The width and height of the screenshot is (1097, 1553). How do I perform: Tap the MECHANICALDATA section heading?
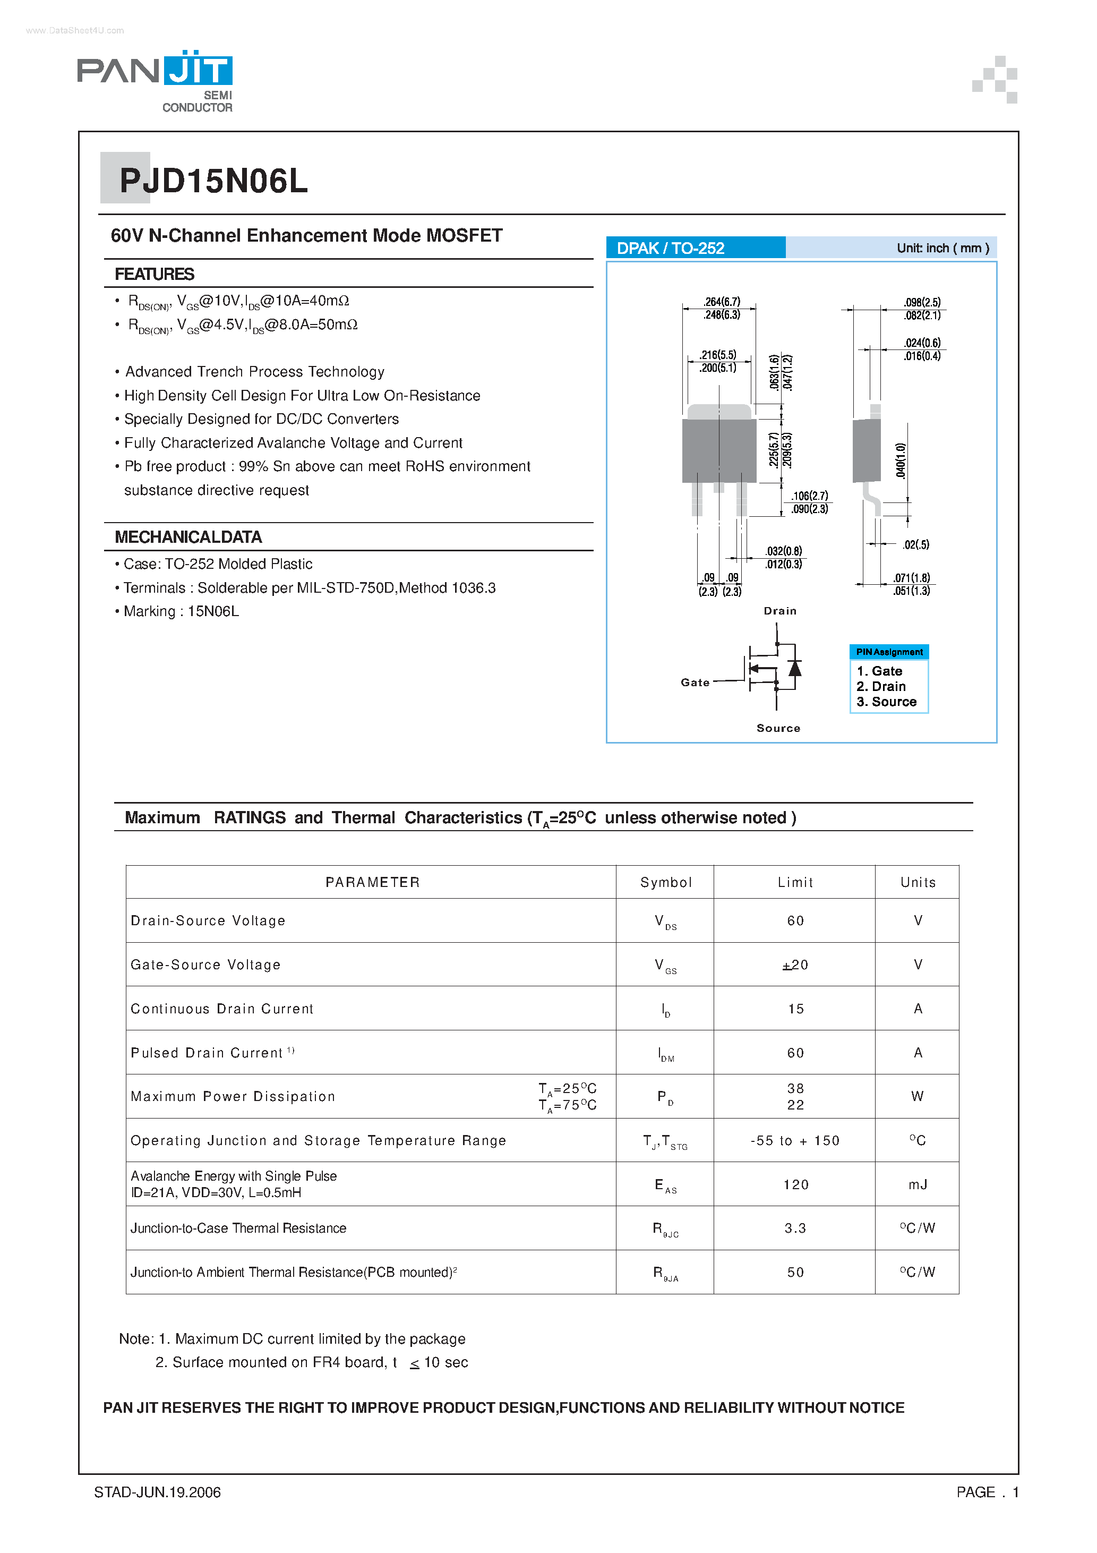[188, 537]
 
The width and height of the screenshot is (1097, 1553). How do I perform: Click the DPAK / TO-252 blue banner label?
[670, 248]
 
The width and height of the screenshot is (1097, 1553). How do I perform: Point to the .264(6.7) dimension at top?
[722, 302]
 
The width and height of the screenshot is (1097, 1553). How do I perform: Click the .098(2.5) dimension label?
[922, 302]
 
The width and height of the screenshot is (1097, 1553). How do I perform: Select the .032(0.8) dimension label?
[784, 551]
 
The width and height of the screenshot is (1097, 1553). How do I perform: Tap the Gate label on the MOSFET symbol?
[695, 682]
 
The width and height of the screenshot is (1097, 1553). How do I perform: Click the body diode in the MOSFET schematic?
[795, 668]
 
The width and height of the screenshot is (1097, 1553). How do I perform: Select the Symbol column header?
[665, 882]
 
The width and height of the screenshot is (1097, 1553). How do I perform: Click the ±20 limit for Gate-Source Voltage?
[795, 965]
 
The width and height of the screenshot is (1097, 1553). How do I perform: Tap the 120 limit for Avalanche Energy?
[795, 1184]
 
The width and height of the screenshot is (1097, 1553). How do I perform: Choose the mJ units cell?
[917, 1184]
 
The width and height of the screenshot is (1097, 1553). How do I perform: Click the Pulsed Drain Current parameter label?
[206, 1053]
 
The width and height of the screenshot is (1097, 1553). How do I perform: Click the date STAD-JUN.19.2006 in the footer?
[158, 1492]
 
